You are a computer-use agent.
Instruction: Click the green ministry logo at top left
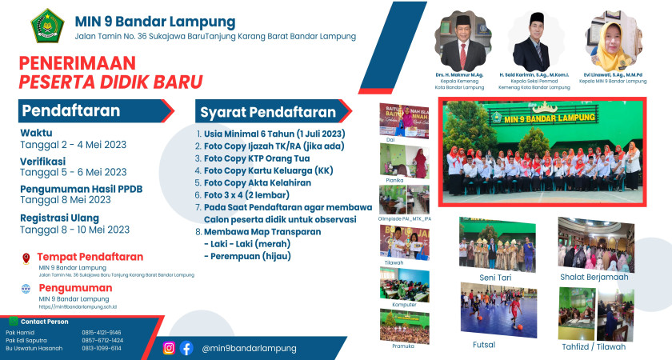[47, 26]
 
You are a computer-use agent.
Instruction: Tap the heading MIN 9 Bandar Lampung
[155, 21]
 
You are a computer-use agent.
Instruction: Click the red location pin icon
[26, 258]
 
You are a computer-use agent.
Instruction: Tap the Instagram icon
[169, 347]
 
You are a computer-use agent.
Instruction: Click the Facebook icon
[186, 347]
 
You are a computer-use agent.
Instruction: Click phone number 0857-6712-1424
[102, 340]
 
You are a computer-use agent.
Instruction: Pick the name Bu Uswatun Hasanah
[34, 348]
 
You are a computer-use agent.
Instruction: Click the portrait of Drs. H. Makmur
[460, 42]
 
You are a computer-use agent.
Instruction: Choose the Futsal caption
[484, 345]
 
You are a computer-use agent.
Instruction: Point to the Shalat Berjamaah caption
[594, 277]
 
